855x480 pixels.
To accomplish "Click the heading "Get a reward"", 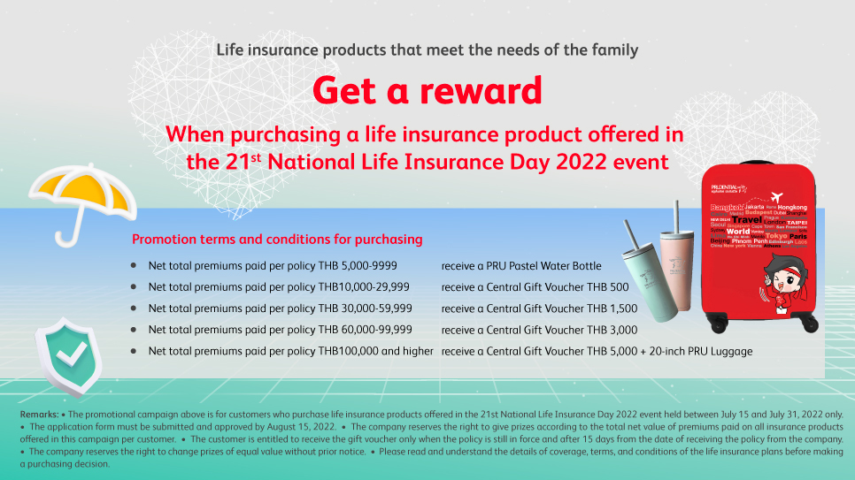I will [427, 90].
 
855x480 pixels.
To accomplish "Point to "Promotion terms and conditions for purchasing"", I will [277, 240].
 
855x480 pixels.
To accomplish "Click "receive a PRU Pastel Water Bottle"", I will [521, 265].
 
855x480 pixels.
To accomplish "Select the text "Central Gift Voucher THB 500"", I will [558, 286].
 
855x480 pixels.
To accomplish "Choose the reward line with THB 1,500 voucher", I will [539, 309].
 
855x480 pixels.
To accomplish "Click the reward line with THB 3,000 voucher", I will [539, 330].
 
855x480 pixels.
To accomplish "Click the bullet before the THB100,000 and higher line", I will [134, 351].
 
